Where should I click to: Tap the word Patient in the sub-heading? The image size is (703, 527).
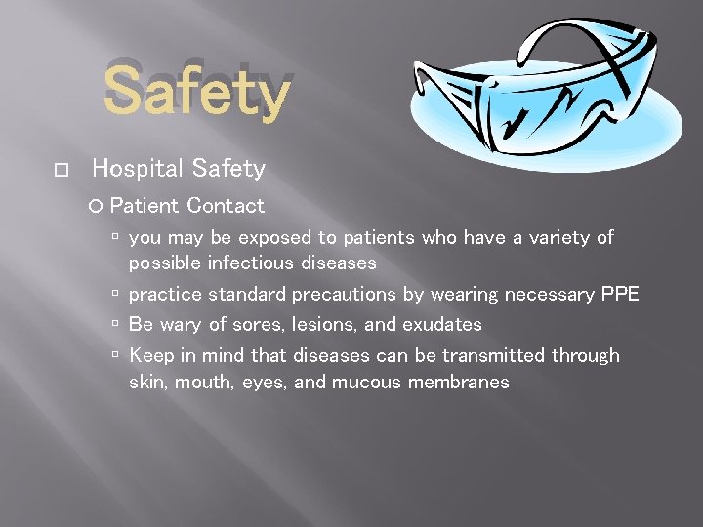145,206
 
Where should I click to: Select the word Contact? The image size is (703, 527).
226,206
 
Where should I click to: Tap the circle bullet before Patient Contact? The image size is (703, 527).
95,207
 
